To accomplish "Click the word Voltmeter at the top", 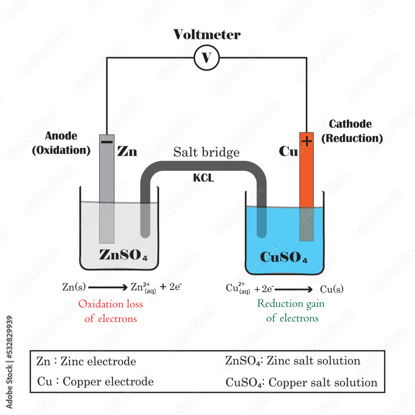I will tap(206, 34).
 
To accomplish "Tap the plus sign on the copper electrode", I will tap(307, 142).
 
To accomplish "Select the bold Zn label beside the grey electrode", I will tap(127, 152).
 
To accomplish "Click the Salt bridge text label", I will tap(206, 152).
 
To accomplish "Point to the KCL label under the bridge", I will tap(203, 178).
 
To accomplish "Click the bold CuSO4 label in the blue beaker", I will tap(284, 257).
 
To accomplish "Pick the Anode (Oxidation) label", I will tap(61, 143).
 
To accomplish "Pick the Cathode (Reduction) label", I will tap(352, 131).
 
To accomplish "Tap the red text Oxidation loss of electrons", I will tap(111, 311).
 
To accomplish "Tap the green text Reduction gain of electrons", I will tap(291, 310).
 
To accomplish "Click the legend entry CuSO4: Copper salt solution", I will tap(301, 382).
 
